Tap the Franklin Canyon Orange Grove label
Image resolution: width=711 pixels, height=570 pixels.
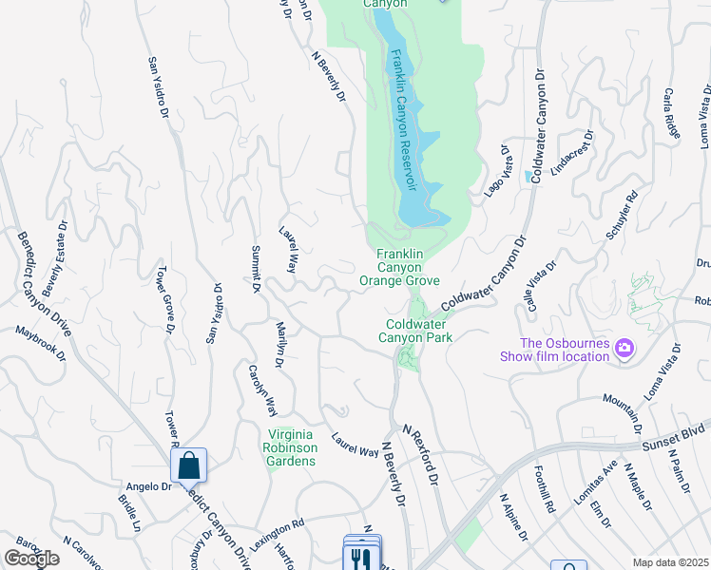[398, 267]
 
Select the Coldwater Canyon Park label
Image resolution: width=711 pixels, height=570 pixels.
[415, 330]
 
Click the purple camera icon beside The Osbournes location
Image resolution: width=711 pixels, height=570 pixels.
[625, 349]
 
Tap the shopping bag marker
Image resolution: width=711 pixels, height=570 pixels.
[189, 465]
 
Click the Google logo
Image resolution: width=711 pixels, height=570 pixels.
[31, 560]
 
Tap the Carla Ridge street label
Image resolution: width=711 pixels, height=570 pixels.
[673, 113]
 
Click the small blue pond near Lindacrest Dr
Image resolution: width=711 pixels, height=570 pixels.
[528, 177]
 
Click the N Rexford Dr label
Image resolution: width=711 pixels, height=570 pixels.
[419, 456]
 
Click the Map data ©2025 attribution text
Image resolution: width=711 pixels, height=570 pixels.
[670, 562]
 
